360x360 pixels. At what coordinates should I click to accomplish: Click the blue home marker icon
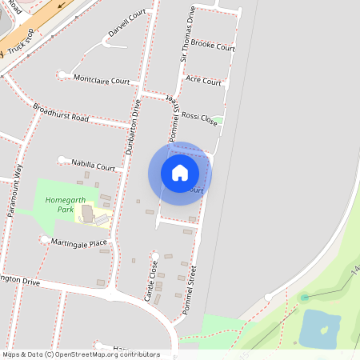(180, 173)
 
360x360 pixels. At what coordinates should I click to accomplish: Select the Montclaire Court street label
(102, 80)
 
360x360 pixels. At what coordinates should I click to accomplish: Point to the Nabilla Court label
(94, 165)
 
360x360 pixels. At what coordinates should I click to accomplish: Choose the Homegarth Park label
(59, 205)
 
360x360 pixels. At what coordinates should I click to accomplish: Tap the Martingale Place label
(79, 243)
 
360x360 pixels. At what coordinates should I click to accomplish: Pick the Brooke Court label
(213, 47)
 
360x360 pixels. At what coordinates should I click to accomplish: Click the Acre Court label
(203, 82)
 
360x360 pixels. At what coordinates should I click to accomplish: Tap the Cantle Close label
(150, 281)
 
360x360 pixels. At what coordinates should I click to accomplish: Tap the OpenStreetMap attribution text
(80, 354)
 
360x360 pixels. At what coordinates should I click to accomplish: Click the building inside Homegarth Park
(86, 214)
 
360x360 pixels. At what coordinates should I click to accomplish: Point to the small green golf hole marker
(304, 298)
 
